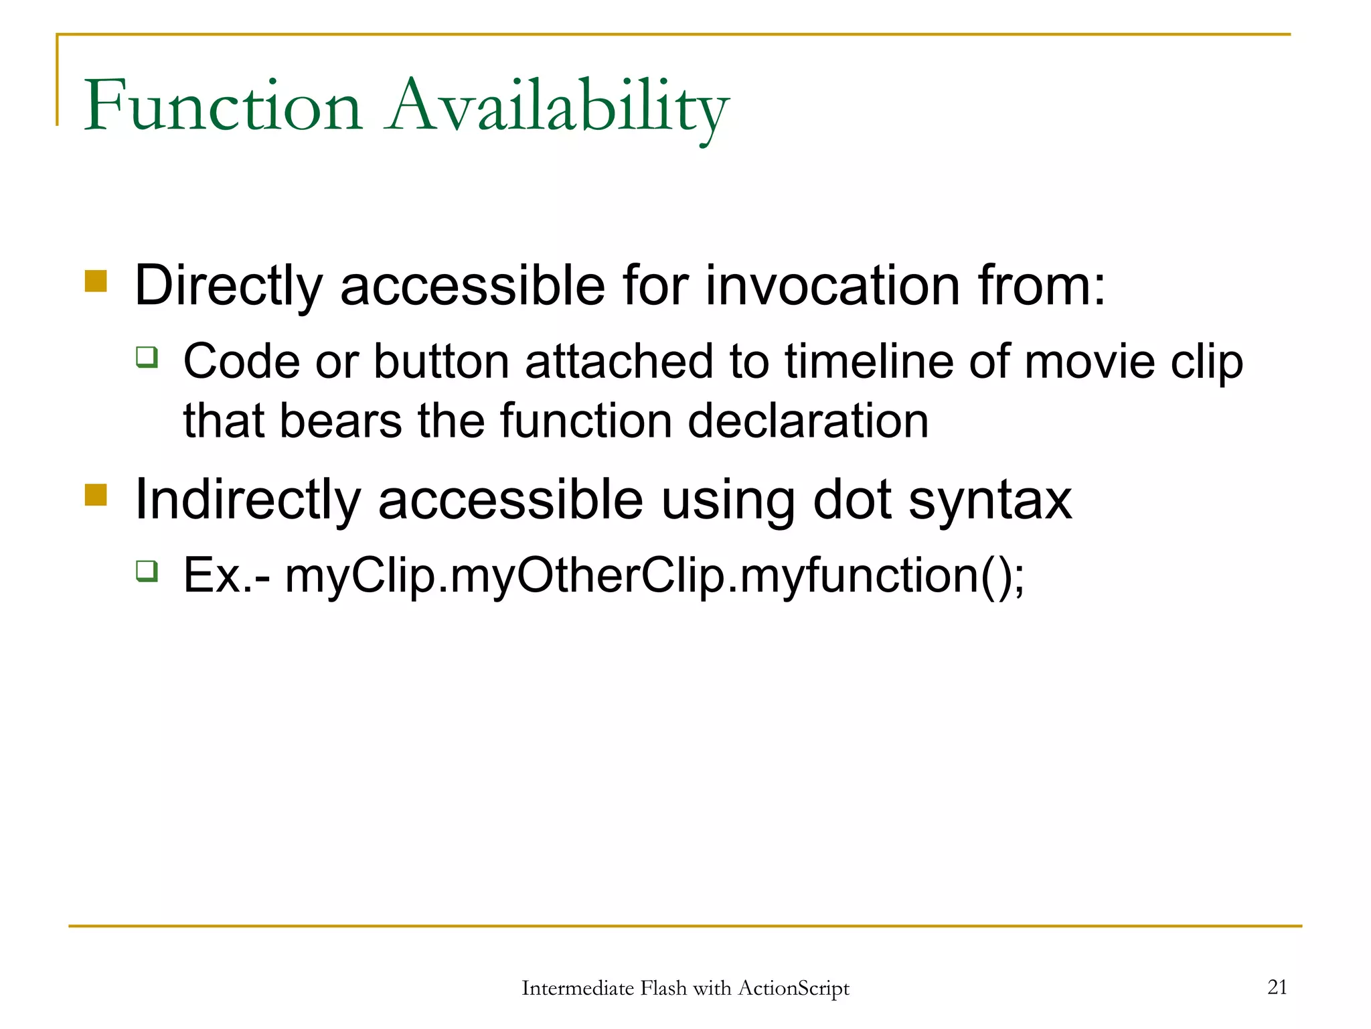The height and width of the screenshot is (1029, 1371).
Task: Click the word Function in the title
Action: (x=223, y=106)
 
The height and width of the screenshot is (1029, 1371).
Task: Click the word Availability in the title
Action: (x=558, y=107)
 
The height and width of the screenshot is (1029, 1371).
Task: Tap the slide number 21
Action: (x=1277, y=987)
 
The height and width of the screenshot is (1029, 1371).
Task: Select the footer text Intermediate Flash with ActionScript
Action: (x=685, y=988)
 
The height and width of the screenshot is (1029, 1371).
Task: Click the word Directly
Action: (x=228, y=287)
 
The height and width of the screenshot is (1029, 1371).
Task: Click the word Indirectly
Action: (x=247, y=500)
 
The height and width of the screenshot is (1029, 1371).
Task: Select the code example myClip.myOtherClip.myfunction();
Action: (x=654, y=576)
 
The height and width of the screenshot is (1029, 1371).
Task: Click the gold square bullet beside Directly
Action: (x=96, y=281)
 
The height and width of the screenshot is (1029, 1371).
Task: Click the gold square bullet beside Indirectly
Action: (x=96, y=495)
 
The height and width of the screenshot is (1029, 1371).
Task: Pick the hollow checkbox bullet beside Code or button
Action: (x=147, y=357)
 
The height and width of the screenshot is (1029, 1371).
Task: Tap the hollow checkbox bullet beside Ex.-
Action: (x=147, y=571)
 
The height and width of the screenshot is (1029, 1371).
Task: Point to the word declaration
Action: (x=808, y=421)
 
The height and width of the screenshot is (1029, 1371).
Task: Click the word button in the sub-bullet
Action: (x=440, y=362)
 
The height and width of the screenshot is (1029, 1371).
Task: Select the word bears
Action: (x=341, y=421)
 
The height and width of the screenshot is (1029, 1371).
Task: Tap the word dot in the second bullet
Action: (x=852, y=500)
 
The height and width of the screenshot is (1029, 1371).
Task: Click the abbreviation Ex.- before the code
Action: (x=226, y=576)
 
